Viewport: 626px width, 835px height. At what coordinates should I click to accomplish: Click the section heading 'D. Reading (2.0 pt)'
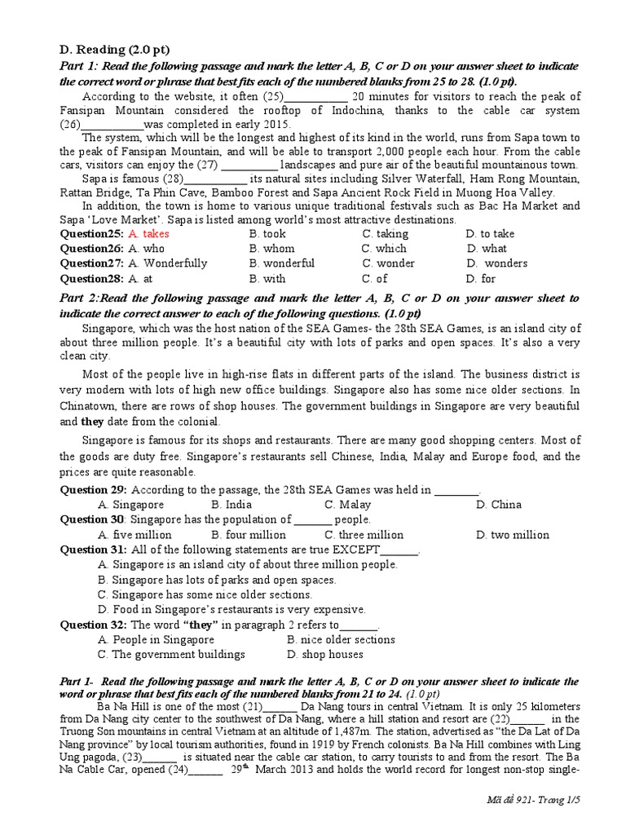(117, 50)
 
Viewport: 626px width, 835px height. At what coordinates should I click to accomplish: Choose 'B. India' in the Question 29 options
(231, 505)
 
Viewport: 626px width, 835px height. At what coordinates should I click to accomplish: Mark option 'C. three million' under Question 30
(364, 535)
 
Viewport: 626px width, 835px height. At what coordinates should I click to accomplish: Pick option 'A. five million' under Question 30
(134, 535)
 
